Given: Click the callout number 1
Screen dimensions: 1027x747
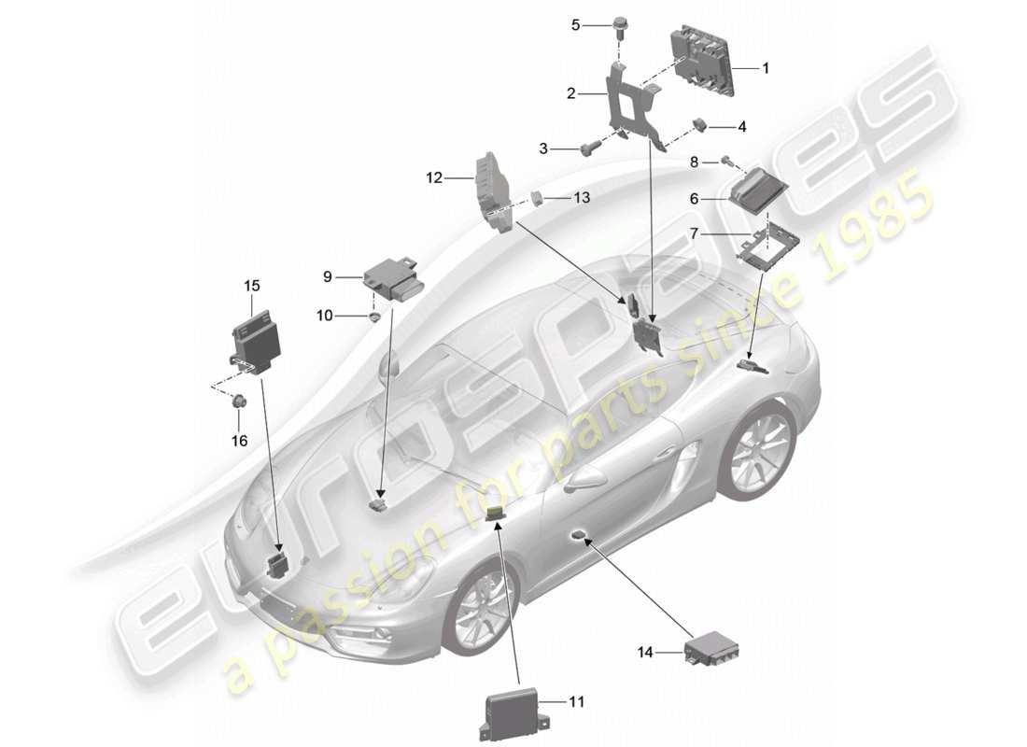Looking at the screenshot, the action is tap(766, 67).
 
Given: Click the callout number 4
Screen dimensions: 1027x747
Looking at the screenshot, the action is tap(742, 126).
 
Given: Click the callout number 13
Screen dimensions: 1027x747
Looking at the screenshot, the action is tap(582, 197).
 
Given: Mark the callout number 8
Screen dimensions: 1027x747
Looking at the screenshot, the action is tap(694, 162).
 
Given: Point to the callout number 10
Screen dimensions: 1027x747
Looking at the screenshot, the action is tap(324, 317).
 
